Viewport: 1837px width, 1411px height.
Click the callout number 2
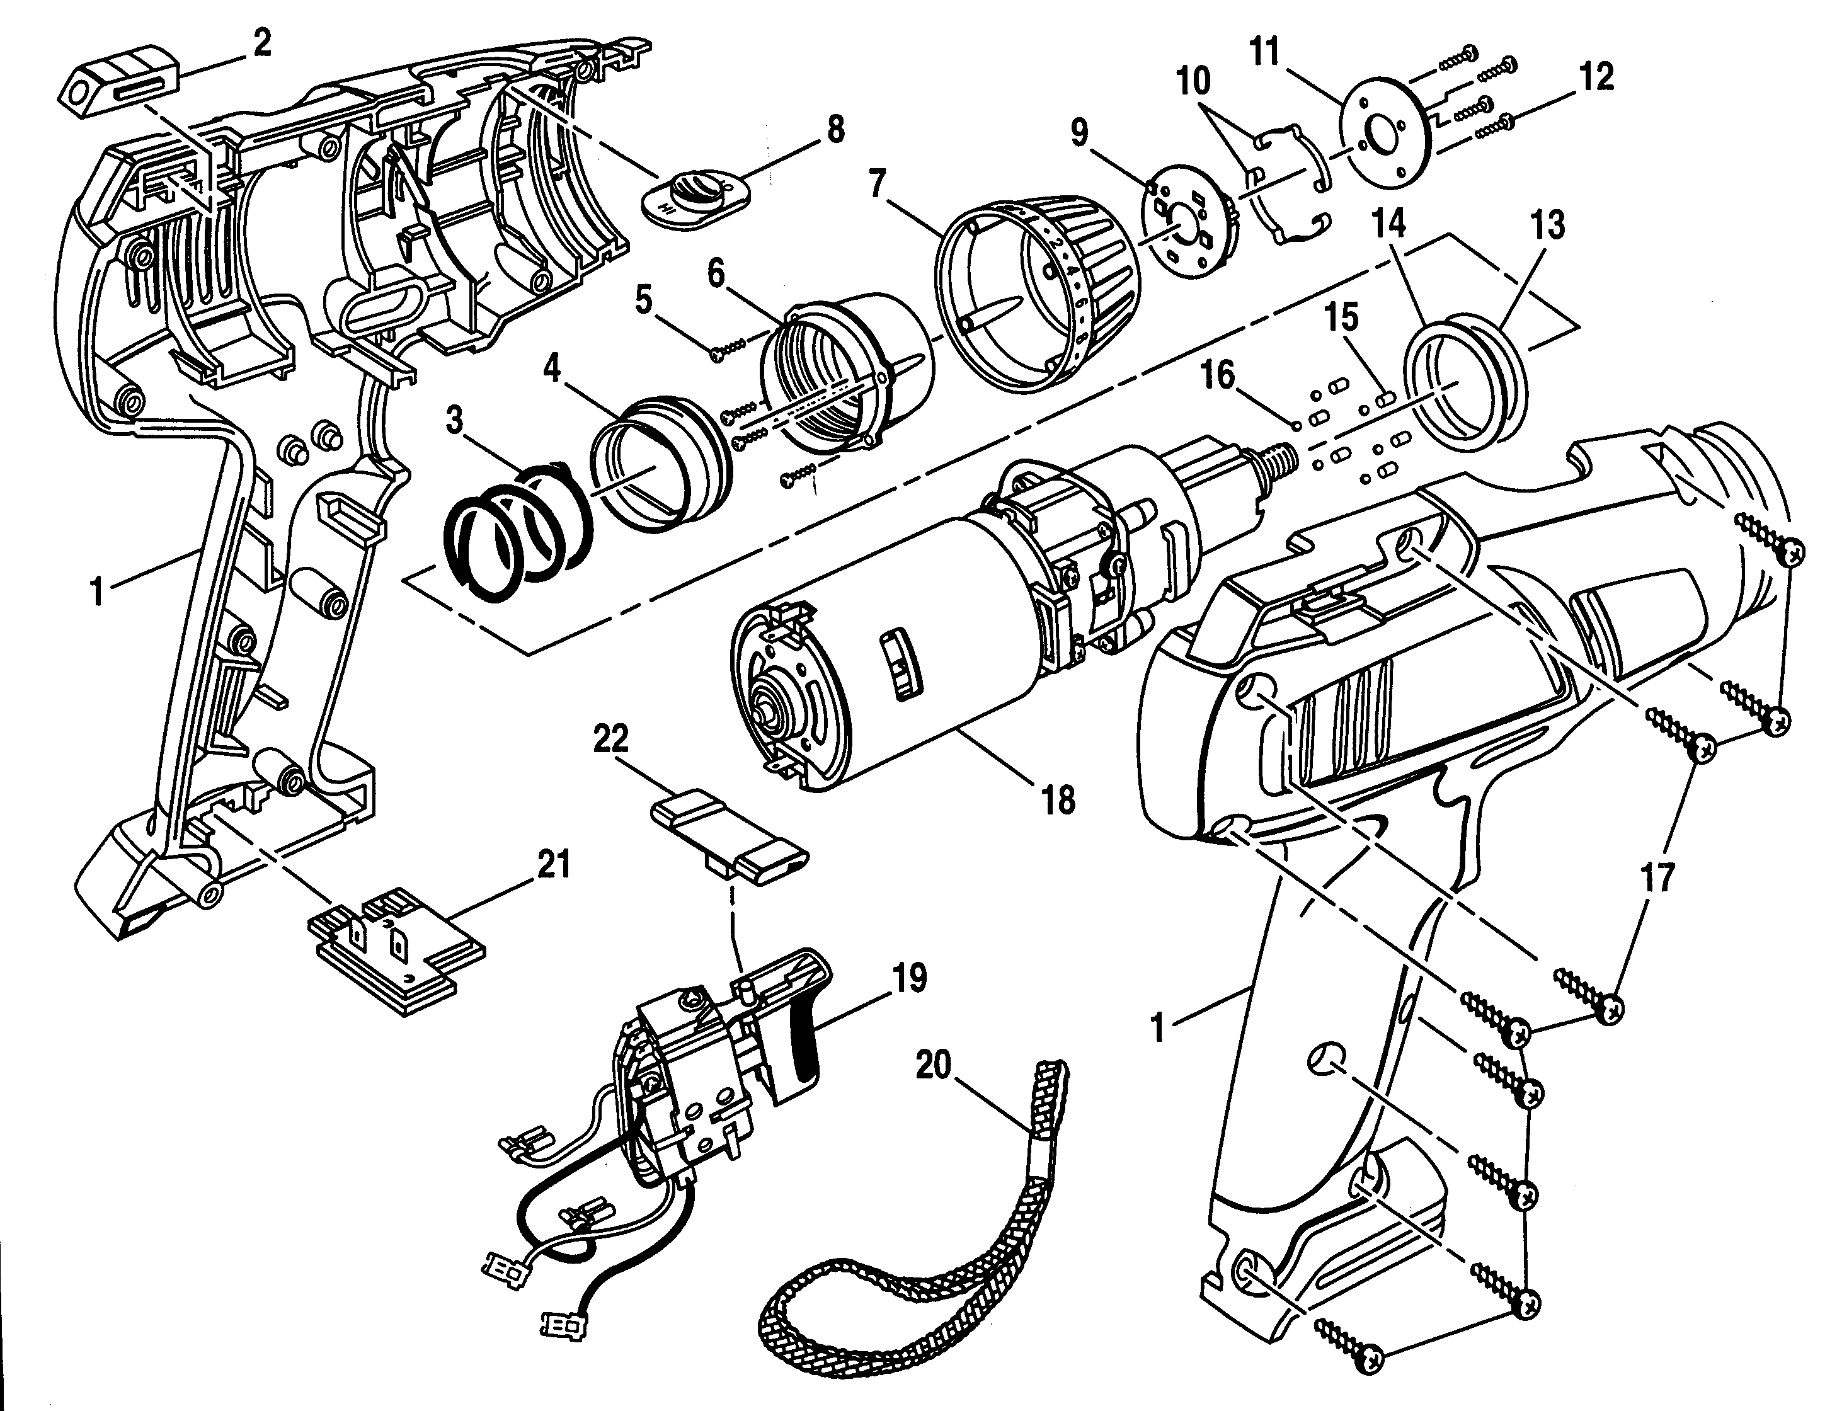(262, 43)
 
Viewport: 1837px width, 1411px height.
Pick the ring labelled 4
(660, 471)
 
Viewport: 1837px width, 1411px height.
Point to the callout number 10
(1193, 81)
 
